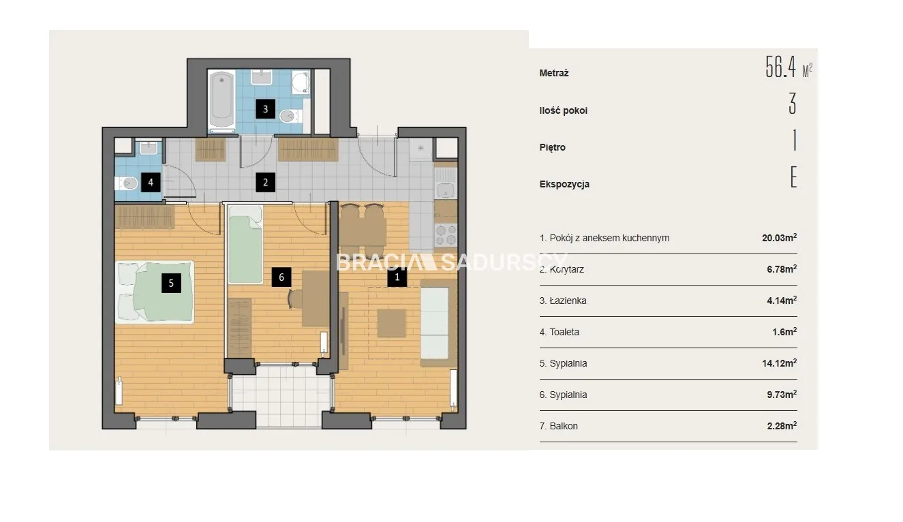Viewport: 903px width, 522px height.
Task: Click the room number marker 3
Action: tap(265, 109)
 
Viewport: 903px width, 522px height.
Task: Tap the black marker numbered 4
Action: tap(151, 183)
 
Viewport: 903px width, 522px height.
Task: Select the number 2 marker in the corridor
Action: tap(265, 183)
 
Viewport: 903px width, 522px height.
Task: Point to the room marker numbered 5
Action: tap(171, 283)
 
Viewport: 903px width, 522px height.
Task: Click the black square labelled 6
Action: tap(281, 277)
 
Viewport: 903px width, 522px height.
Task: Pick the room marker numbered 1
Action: tap(397, 277)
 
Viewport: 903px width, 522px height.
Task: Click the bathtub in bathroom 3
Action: tap(221, 100)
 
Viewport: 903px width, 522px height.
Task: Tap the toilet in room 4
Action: tap(126, 184)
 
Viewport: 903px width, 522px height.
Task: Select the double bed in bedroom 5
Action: tap(155, 292)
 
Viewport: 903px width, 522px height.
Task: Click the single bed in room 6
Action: tap(245, 245)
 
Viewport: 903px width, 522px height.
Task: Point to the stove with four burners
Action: tap(446, 235)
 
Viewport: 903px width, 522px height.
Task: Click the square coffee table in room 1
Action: tap(391, 323)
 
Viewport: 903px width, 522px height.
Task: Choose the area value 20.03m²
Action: tap(779, 237)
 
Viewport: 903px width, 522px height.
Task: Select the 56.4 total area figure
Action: tap(780, 67)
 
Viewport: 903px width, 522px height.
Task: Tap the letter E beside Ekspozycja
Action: tap(793, 177)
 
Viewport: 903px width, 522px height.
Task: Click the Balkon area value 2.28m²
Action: tap(782, 426)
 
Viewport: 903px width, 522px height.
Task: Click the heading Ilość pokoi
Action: tap(563, 110)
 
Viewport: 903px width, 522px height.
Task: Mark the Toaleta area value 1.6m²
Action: tap(784, 332)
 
